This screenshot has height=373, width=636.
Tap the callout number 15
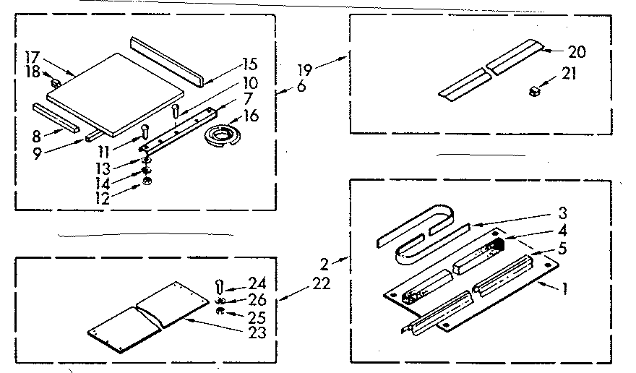pos(250,64)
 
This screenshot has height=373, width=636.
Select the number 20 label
pos(577,51)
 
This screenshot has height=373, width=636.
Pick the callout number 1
pos(564,291)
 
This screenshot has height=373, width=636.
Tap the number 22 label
pos(322,284)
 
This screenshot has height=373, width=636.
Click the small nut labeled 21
pos(536,90)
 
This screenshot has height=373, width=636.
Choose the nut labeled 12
pos(147,180)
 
